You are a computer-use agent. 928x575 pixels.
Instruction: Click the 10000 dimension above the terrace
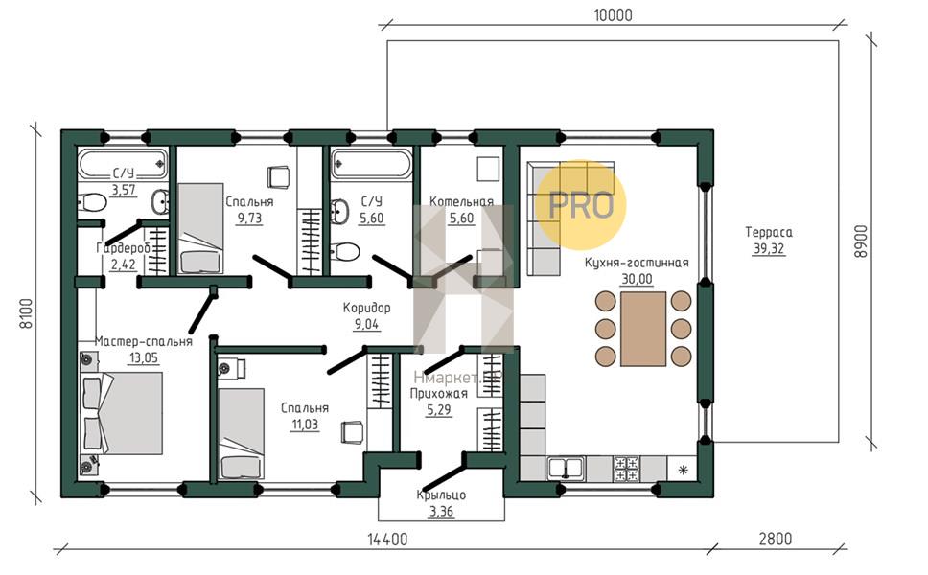point(614,14)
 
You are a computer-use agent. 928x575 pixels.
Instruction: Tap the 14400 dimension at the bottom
point(387,540)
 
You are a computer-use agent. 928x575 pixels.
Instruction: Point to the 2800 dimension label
point(776,539)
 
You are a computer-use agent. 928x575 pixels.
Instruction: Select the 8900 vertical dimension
point(861,241)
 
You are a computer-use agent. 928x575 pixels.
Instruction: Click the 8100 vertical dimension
point(27,313)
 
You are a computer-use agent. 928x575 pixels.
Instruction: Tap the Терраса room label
point(769,232)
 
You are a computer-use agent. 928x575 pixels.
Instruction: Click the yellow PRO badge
point(581,205)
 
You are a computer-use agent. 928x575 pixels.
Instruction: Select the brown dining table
point(643,329)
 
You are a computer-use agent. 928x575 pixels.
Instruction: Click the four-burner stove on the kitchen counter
point(626,469)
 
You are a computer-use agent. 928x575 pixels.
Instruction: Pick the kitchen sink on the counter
point(566,469)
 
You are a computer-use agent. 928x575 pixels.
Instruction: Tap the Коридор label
point(367,308)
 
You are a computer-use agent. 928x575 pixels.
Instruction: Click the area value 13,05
point(144,357)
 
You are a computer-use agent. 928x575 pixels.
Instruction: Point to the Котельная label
point(462,201)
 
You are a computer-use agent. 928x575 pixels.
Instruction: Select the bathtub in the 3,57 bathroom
point(123,163)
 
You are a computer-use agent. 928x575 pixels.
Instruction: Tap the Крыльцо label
point(442,494)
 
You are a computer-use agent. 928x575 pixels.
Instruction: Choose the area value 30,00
point(637,279)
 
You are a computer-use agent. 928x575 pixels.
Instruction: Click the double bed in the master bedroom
point(122,413)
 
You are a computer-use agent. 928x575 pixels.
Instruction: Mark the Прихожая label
point(438,393)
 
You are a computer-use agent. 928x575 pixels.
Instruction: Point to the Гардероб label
point(123,248)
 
